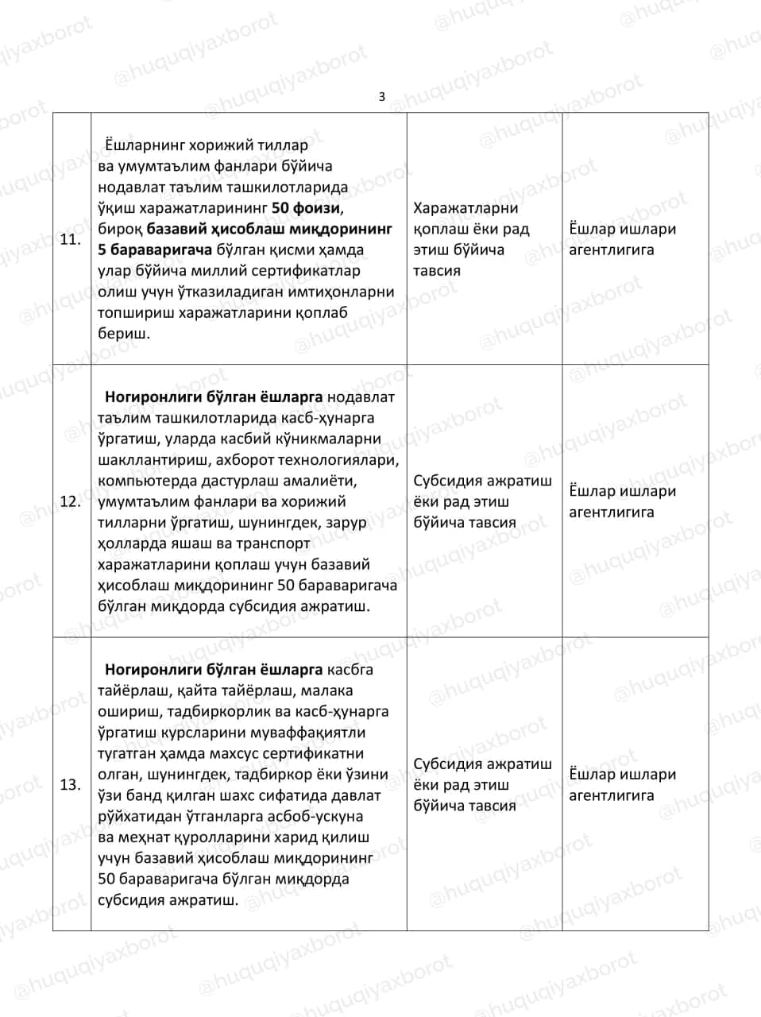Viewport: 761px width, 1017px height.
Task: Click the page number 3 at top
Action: click(x=381, y=97)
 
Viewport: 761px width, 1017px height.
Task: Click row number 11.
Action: click(x=71, y=239)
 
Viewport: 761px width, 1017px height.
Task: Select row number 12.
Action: click(x=71, y=501)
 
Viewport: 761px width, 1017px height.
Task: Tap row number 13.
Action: click(x=71, y=784)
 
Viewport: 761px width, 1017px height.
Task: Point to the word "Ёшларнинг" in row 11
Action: click(x=145, y=145)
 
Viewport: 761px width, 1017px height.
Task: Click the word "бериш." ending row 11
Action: click(x=124, y=334)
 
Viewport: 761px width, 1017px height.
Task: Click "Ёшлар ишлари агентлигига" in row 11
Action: click(x=623, y=239)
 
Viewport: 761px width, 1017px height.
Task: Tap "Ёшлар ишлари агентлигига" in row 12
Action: click(x=623, y=501)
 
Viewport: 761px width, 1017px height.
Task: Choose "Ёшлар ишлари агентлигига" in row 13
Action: click(x=623, y=784)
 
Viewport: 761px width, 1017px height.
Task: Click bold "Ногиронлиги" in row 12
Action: click(x=147, y=396)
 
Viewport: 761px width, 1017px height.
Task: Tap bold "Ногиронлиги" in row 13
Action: click(x=147, y=669)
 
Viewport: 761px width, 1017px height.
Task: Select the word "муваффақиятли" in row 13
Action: click(x=310, y=732)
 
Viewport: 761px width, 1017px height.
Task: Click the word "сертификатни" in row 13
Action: click(x=319, y=753)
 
